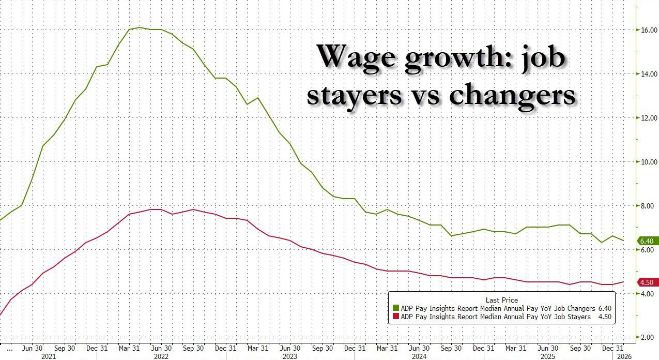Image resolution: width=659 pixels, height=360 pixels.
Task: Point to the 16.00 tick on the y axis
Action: pos(649,30)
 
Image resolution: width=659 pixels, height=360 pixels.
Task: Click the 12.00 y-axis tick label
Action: pos(649,118)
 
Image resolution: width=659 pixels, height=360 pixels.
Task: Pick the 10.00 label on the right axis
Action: pos(649,162)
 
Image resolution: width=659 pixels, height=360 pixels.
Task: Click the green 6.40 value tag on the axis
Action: pos(647,241)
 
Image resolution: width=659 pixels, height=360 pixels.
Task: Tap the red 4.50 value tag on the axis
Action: pos(647,282)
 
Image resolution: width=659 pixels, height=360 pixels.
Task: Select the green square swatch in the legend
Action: pos(396,308)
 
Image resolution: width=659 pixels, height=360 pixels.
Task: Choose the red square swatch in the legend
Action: pos(396,317)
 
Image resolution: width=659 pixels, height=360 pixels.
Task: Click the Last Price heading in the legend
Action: pos(501,300)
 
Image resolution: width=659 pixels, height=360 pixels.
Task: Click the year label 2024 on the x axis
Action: pos(419,357)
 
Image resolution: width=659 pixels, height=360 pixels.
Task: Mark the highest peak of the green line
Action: pos(139,27)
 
